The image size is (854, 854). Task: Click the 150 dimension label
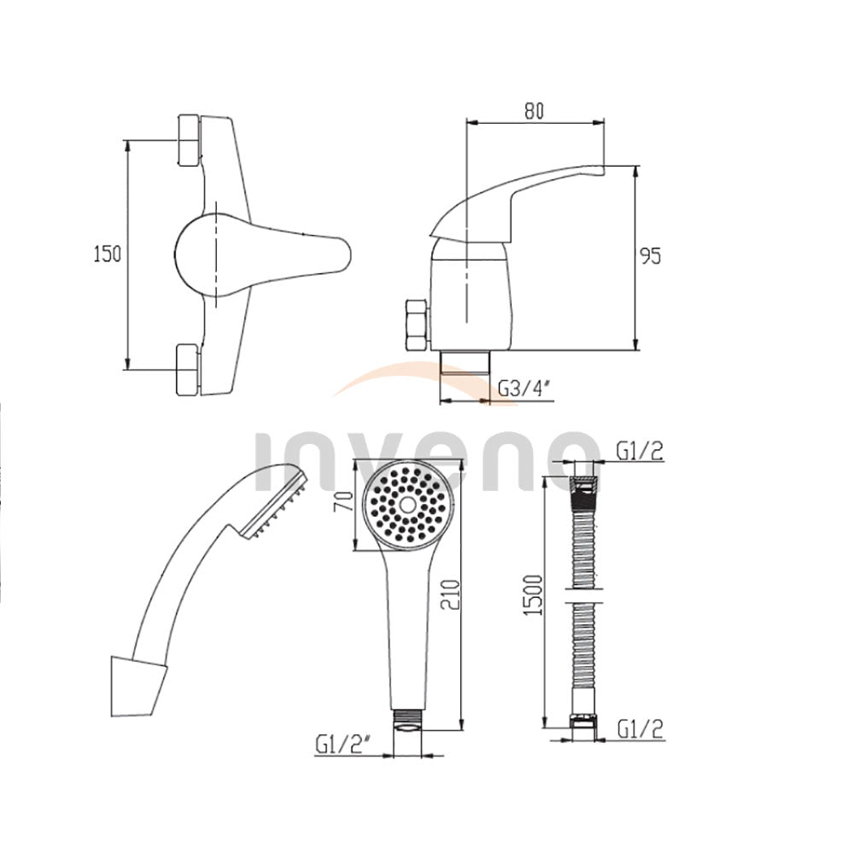point(108,254)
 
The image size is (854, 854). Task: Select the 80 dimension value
point(534,110)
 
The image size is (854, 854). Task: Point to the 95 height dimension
point(650,255)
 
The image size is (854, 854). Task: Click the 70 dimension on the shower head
point(343,500)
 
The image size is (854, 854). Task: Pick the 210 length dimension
point(450,594)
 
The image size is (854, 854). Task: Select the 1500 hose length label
point(533,594)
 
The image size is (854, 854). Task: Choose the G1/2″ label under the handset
point(343,744)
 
